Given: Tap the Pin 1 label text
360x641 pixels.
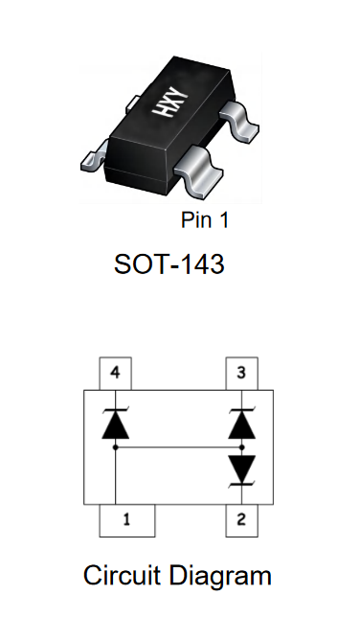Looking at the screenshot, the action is point(205,220).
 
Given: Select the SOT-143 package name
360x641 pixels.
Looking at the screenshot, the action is point(169,264).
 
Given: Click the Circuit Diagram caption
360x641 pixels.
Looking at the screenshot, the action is point(177,576).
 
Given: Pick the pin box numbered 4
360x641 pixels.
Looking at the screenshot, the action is point(115,374).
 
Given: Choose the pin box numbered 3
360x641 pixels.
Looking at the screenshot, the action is point(241,374).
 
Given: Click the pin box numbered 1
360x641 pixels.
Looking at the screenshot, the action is point(127,520).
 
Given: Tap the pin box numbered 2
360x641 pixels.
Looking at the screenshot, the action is point(241,520).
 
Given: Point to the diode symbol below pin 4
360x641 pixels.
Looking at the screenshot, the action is point(115,424).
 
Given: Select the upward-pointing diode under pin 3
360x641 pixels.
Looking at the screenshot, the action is point(241,424).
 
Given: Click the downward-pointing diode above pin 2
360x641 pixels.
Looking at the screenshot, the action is point(241,471).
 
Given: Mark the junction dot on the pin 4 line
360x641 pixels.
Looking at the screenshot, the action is point(115,447).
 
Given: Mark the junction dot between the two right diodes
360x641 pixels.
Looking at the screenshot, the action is point(241,447).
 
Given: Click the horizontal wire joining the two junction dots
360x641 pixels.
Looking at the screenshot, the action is point(178,447).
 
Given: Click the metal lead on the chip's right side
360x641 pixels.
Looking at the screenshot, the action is point(240,122).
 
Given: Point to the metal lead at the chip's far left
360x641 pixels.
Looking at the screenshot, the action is point(95,157).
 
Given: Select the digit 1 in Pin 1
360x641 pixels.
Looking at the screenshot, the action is point(223,220).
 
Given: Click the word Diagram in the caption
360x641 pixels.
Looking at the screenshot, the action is point(220,577).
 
